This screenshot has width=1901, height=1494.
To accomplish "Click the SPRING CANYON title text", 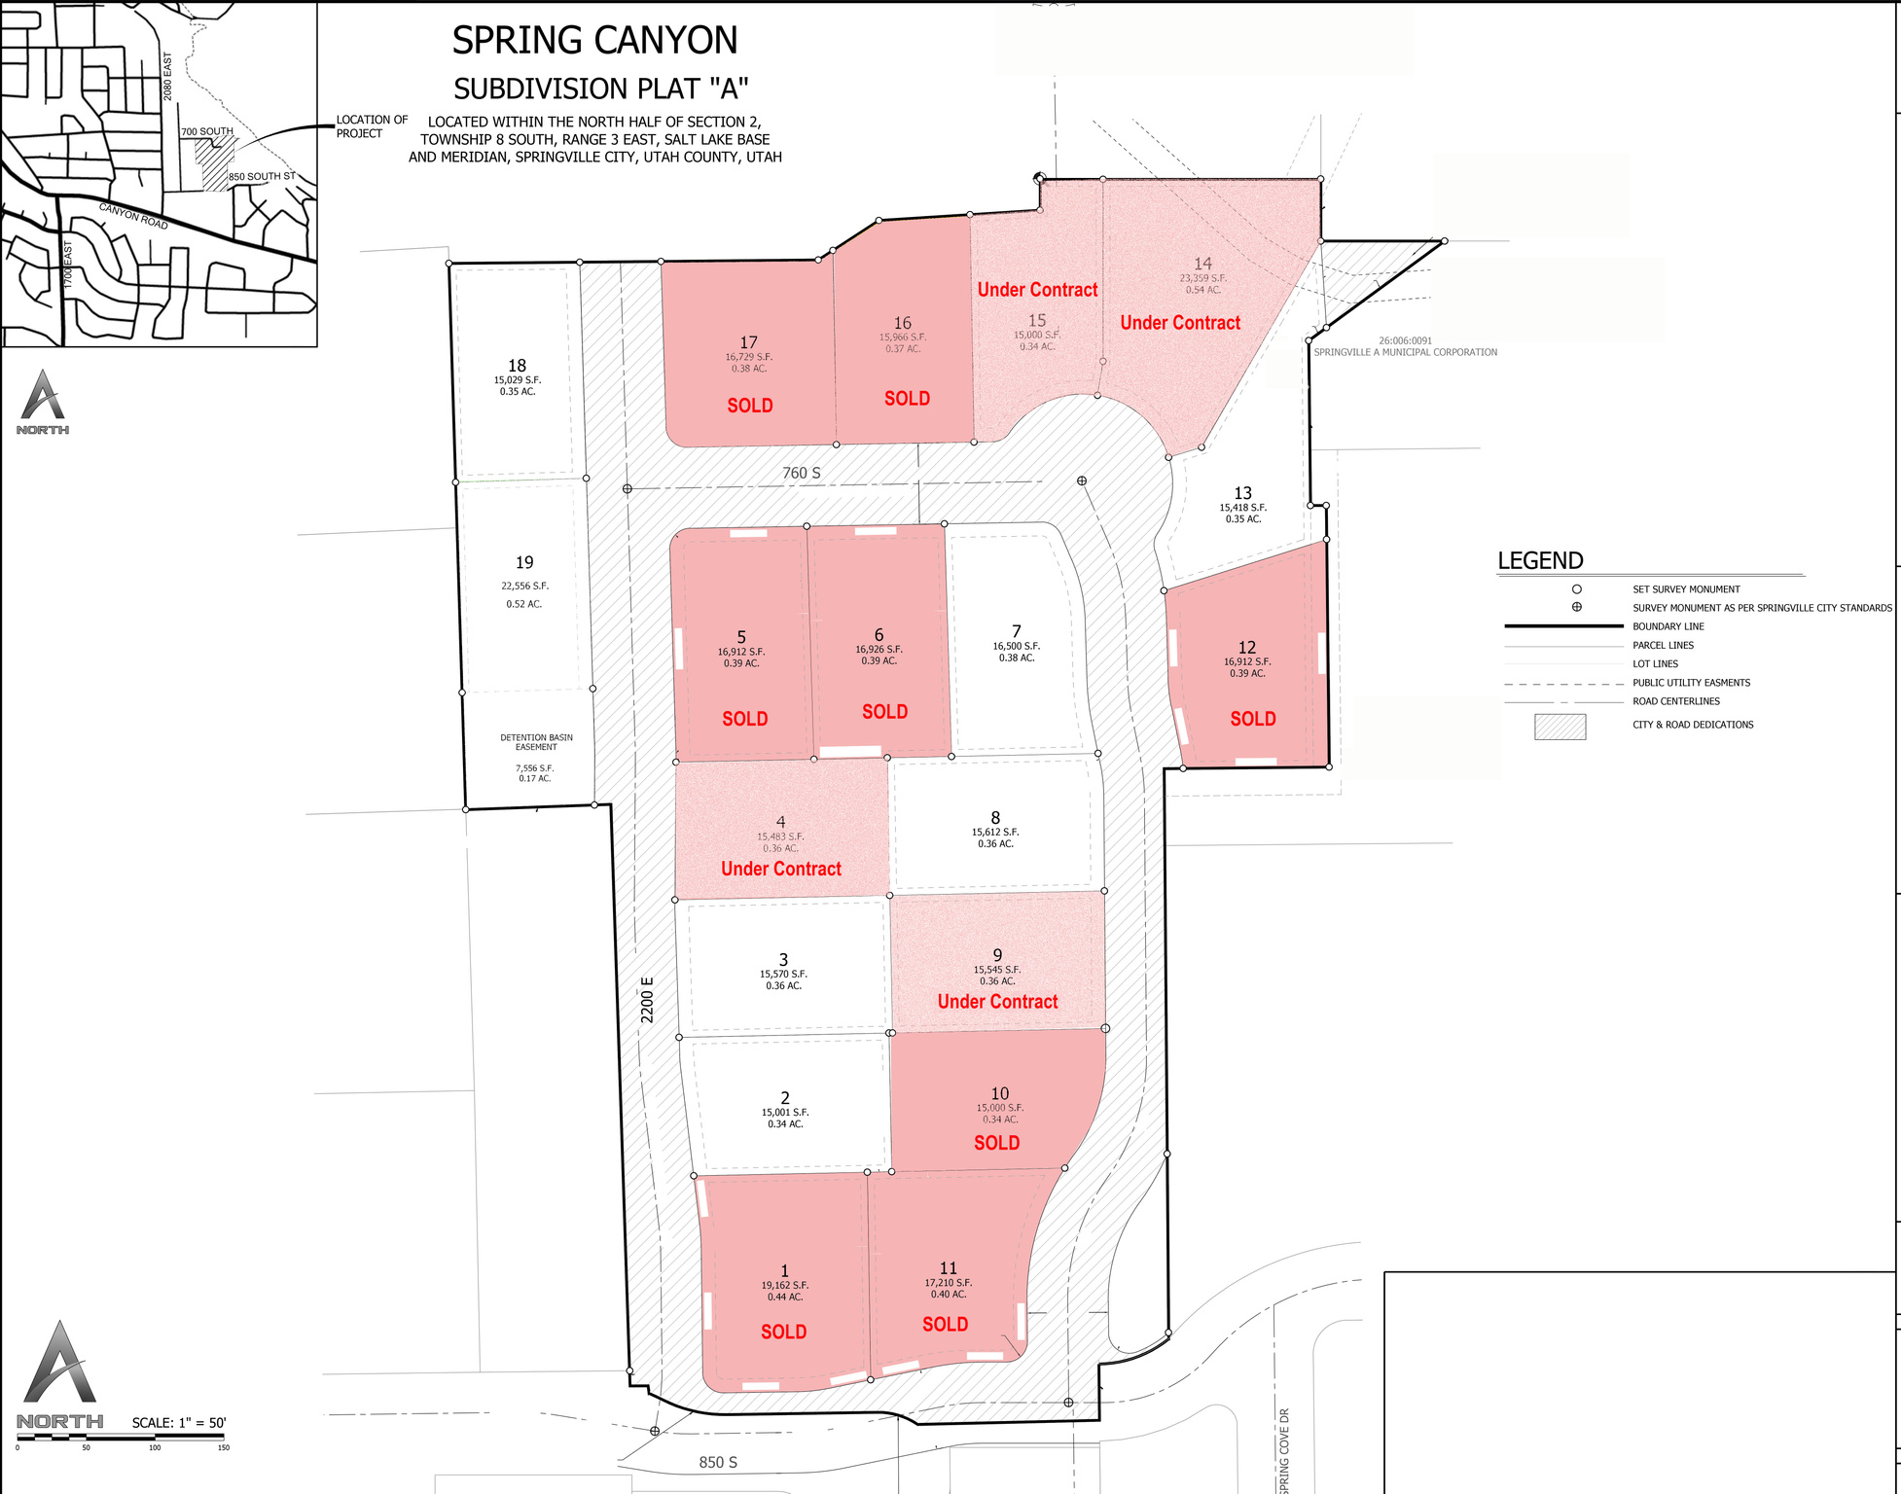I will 594,41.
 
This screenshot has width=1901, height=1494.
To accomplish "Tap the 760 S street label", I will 802,474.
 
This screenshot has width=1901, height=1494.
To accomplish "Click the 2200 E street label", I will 648,999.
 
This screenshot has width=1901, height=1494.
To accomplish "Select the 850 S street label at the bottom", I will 718,1462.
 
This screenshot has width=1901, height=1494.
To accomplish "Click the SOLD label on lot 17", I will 750,406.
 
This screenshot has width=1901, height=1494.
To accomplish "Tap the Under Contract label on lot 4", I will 781,869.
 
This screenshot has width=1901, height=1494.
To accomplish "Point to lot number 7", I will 1017,631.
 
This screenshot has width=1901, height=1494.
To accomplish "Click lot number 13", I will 1242,493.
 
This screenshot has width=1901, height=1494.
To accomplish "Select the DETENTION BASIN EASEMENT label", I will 536,742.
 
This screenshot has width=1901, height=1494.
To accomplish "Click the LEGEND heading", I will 1540,561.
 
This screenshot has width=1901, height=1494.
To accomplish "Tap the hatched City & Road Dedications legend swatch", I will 1560,727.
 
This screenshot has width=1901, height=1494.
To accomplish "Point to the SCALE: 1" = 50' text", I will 179,1422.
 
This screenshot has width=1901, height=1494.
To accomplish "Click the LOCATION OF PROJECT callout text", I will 372,126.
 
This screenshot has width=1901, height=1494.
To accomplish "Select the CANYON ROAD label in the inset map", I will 133,216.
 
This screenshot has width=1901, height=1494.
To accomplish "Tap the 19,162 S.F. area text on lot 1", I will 785,1285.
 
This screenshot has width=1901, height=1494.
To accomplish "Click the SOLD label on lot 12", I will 1252,719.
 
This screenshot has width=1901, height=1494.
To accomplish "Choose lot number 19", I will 524,562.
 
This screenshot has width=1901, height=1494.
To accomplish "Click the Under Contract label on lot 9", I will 997,1002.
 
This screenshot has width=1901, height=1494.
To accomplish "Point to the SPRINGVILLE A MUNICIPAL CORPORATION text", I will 1405,352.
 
